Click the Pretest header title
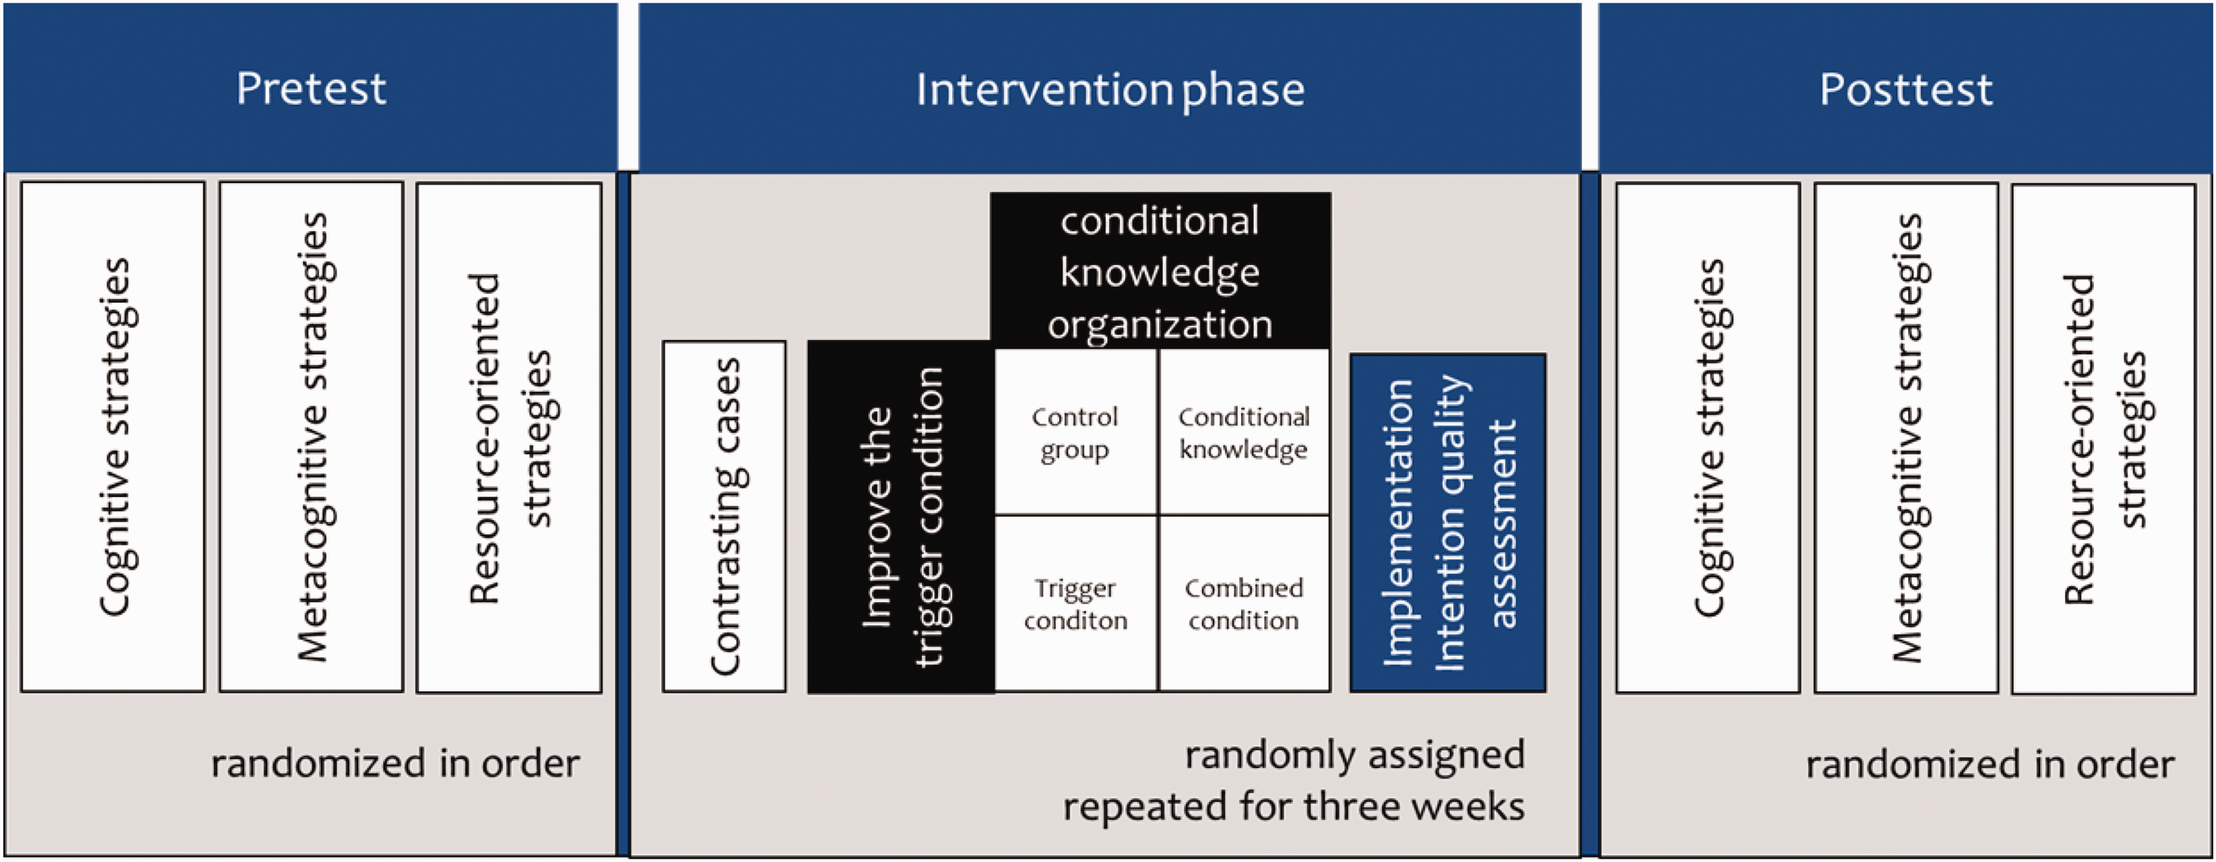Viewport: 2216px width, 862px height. coord(312,89)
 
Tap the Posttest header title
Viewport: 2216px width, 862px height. coord(1906,89)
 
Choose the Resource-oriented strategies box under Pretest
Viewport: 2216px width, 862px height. coord(509,437)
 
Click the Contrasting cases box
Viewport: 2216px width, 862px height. coord(725,516)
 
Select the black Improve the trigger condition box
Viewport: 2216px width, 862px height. coord(900,517)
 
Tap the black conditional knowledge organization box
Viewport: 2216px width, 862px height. coord(1160,270)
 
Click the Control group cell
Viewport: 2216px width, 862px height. coord(1075,433)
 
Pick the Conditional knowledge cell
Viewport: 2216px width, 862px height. coord(1244,433)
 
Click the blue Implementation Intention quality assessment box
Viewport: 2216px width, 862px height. coord(1449,523)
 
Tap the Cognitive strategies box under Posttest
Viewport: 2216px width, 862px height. coord(1708,437)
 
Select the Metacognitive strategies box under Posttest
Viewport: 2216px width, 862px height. coord(1906,437)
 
